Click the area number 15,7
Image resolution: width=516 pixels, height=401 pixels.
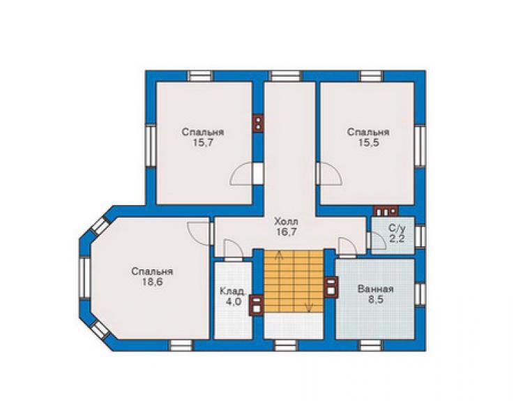coord(203,143)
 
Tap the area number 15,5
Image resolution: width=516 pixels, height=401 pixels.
coord(369,143)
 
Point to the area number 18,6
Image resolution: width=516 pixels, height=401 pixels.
coord(152,282)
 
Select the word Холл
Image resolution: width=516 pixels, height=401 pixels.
coord(287,221)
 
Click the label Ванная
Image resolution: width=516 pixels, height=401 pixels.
coord(375,289)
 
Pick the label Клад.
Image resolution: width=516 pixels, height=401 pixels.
coord(233,292)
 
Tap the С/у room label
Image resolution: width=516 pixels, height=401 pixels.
coord(397,228)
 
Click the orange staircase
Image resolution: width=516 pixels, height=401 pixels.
coord(294,281)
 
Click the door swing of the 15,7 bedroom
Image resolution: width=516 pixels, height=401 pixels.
coord(242,174)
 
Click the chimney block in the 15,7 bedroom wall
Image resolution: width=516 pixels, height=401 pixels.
coord(258,123)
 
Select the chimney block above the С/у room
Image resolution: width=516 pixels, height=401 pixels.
coord(386,211)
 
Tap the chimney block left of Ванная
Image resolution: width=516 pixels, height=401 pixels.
coord(331,287)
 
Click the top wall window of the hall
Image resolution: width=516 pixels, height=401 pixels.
coord(286,76)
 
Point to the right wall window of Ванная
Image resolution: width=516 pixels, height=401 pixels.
coord(420,294)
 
